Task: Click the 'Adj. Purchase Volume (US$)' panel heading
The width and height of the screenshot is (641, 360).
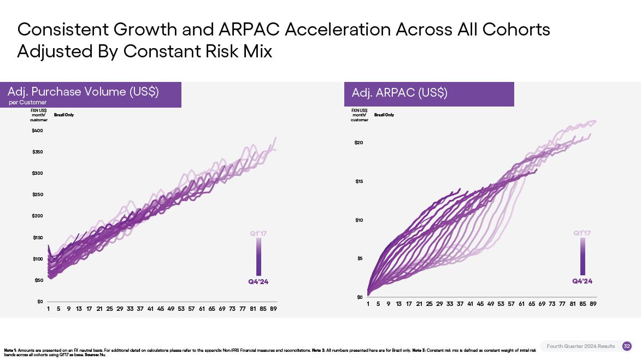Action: point(83,92)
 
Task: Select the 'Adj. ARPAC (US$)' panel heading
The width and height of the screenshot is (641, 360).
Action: point(396,93)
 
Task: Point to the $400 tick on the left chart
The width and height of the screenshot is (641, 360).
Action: point(38,131)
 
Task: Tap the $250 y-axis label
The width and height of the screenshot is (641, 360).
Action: point(38,195)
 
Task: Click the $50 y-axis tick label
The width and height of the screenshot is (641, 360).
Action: point(39,280)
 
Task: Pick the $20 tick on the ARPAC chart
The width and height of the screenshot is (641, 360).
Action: point(358,143)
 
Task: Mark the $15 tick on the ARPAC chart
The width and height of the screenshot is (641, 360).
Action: point(358,181)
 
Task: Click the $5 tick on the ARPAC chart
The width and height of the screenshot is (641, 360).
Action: point(360,258)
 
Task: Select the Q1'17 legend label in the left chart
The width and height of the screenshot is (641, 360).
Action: point(258,234)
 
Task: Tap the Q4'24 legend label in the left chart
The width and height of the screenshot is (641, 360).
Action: point(258,282)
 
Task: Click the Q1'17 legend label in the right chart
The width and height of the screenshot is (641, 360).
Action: point(583,233)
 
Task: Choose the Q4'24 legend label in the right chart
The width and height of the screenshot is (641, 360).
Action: point(583,281)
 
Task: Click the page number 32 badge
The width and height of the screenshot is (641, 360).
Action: point(627,346)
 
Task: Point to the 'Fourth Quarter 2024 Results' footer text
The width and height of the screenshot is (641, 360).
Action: point(580,346)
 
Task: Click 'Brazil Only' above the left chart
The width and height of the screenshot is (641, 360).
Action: point(64,115)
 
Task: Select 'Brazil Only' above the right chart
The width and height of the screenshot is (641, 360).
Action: point(384,115)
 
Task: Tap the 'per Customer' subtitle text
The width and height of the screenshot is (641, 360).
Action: point(28,103)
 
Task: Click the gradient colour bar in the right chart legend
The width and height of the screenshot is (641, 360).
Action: point(583,256)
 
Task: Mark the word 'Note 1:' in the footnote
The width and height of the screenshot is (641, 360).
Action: point(10,350)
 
